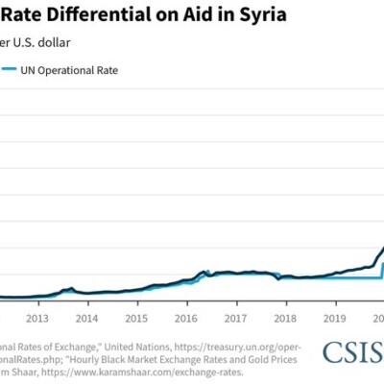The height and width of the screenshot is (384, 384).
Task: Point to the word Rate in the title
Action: click(x=24, y=13)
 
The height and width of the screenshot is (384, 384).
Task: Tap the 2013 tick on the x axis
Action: click(x=37, y=317)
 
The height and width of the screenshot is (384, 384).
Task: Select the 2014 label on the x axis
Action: click(x=86, y=317)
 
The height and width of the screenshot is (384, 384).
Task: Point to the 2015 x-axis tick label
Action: click(x=136, y=317)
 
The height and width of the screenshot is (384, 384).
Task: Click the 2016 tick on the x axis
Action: click(x=185, y=317)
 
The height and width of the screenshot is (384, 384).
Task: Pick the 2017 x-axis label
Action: click(x=235, y=317)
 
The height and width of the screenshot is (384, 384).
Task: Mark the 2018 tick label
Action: click(x=284, y=317)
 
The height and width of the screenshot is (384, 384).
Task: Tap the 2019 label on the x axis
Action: click(x=334, y=317)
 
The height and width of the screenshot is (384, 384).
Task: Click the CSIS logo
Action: click(x=351, y=353)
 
